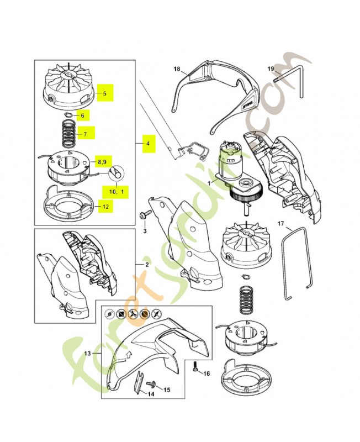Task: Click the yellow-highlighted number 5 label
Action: click(x=105, y=93)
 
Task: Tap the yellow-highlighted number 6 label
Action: click(x=82, y=115)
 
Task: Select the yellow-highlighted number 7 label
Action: click(x=85, y=134)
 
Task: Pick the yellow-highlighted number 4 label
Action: click(x=149, y=144)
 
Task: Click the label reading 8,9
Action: click(x=102, y=162)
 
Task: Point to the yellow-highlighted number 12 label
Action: click(x=105, y=207)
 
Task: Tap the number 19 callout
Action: click(x=271, y=69)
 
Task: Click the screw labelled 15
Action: click(x=151, y=384)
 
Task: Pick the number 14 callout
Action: click(x=151, y=394)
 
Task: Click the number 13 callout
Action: click(x=88, y=353)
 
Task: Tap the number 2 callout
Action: click(x=147, y=265)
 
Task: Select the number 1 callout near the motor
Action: click(x=209, y=183)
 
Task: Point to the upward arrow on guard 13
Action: click(x=129, y=354)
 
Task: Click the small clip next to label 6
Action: click(x=67, y=114)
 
